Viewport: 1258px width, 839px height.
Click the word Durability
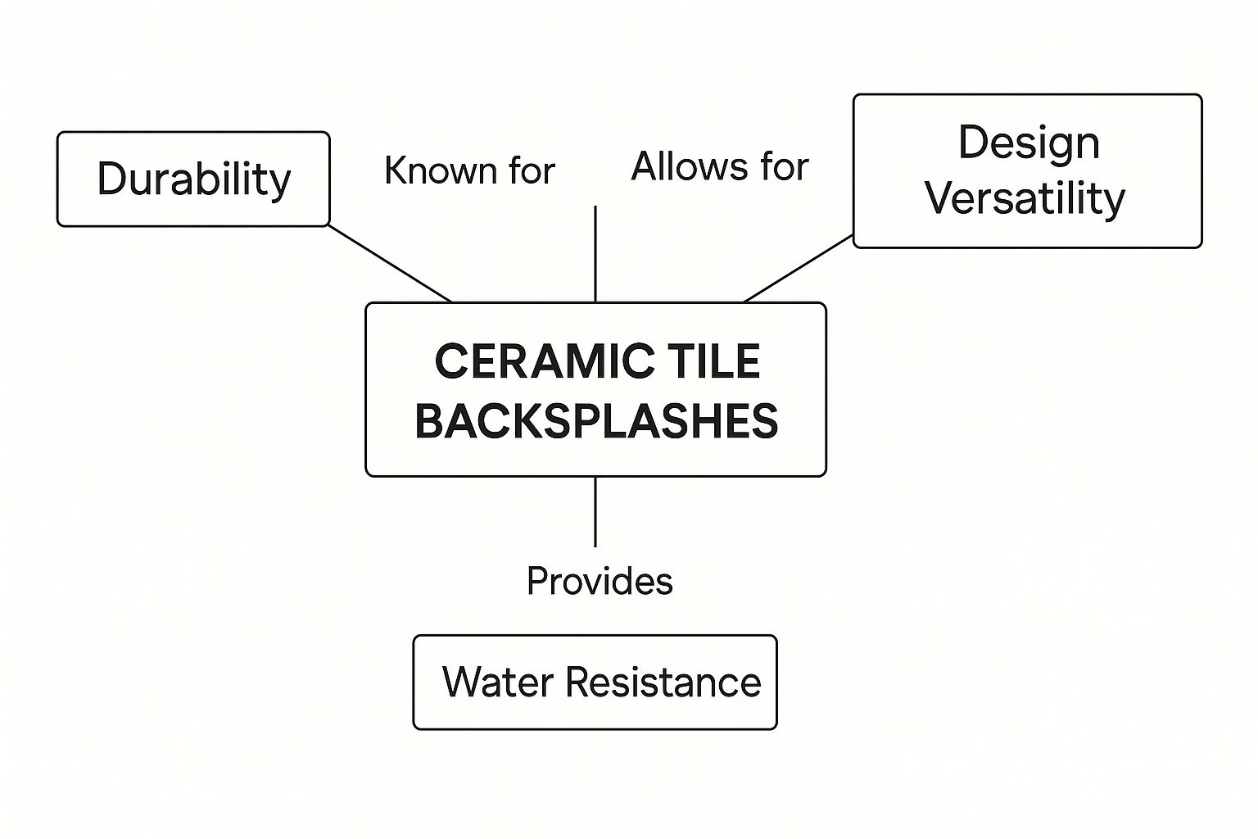click(194, 179)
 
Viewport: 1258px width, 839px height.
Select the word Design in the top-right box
click(1029, 143)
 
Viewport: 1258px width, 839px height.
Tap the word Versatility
click(1025, 198)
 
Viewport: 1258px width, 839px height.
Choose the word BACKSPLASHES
click(596, 421)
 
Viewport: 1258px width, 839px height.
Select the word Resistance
click(662, 682)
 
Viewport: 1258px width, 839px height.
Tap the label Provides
click(600, 582)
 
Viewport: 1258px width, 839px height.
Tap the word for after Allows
click(784, 167)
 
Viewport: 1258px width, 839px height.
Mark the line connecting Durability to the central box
click(390, 263)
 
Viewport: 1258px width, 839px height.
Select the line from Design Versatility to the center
click(799, 269)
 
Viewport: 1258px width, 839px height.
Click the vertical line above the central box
click(595, 254)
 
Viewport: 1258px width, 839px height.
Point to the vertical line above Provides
click(595, 511)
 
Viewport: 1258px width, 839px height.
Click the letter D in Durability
click(110, 179)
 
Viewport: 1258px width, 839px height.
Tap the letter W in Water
click(459, 682)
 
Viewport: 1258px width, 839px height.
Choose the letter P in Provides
click(536, 582)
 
